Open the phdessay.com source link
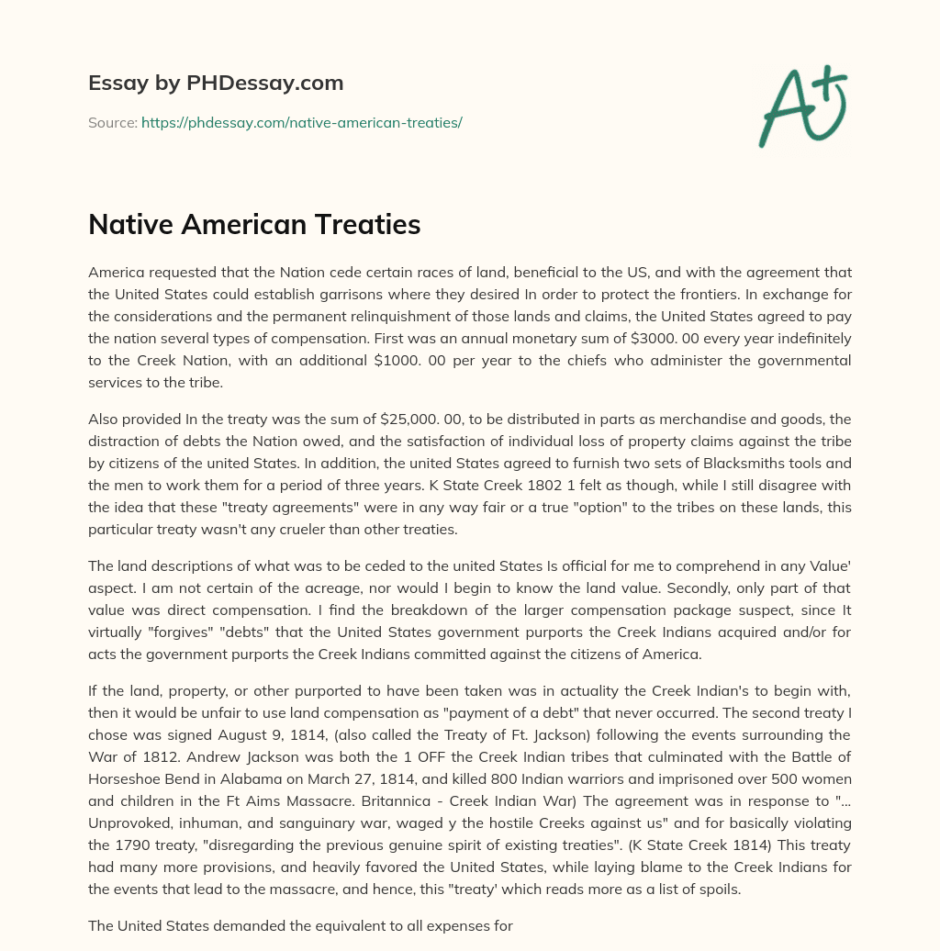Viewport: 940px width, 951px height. pos(301,122)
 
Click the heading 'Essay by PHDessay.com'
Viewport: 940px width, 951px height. pos(216,84)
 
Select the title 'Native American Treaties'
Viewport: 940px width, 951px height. pos(254,225)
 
